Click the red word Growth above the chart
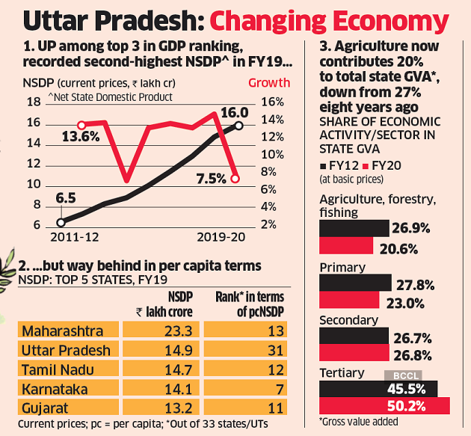(269, 82)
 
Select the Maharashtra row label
(63, 330)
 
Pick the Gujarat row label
(46, 408)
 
